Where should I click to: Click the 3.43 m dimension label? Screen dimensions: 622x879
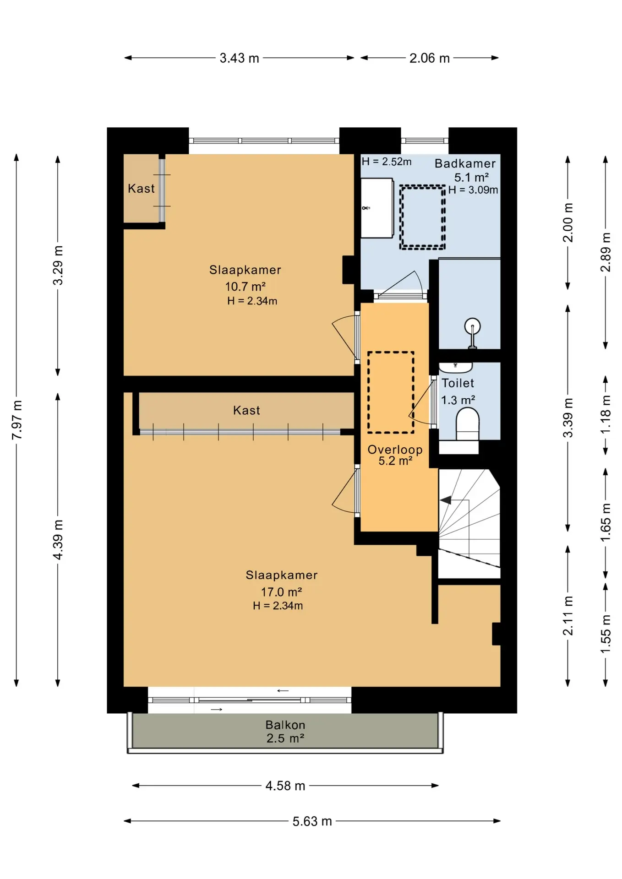pyautogui.click(x=239, y=58)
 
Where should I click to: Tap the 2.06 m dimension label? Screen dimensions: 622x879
pyautogui.click(x=430, y=58)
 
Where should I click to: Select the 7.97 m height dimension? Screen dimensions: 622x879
pyautogui.click(x=17, y=420)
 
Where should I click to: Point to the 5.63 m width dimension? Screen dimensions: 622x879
pyautogui.click(x=312, y=821)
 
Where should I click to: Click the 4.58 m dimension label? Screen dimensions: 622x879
pyautogui.click(x=285, y=786)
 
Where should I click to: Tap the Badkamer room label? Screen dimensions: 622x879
pyautogui.click(x=465, y=163)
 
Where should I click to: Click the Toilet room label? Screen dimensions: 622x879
pyautogui.click(x=458, y=383)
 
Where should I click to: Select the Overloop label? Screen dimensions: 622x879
pyautogui.click(x=395, y=450)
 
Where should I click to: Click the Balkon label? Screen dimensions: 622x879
pyautogui.click(x=285, y=725)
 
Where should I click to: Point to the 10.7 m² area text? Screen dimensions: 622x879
pyautogui.click(x=246, y=287)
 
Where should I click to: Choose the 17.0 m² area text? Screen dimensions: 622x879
pyautogui.click(x=281, y=592)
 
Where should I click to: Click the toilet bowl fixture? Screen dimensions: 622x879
pyautogui.click(x=468, y=424)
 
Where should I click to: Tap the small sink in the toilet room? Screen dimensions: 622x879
pyautogui.click(x=456, y=367)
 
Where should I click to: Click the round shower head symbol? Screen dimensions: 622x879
pyautogui.click(x=472, y=326)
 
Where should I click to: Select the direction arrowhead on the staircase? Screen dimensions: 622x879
pyautogui.click(x=446, y=500)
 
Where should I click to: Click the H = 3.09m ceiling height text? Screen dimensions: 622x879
pyautogui.click(x=473, y=190)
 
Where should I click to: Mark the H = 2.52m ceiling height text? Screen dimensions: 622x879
pyautogui.click(x=387, y=162)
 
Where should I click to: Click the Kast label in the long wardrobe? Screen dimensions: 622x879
pyautogui.click(x=246, y=410)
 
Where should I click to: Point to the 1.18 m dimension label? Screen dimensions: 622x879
pyautogui.click(x=606, y=415)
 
